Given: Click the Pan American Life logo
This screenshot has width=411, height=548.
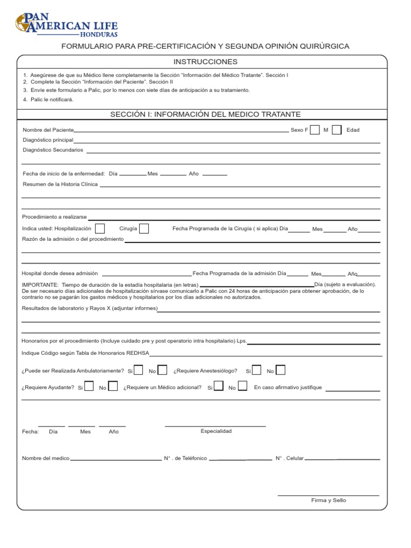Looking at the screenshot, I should [67, 24].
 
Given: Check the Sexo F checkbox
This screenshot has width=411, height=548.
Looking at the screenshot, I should [315, 130].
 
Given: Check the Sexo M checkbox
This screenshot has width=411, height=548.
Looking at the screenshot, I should [337, 130].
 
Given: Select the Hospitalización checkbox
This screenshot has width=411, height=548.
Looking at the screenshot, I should [100, 229].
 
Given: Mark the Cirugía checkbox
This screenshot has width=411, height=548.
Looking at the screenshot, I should [143, 229].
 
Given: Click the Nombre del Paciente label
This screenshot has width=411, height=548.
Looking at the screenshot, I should [48, 130].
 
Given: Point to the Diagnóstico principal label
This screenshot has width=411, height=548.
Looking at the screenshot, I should [48, 140].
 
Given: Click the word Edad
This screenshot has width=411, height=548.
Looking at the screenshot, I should [353, 130].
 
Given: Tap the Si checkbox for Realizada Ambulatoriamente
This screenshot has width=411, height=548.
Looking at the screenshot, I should [138, 370].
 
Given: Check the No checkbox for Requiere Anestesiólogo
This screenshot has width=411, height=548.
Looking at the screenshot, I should [280, 370].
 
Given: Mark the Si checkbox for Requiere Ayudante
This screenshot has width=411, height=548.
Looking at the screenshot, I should [89, 386].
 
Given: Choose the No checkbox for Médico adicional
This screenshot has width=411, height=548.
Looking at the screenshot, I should [242, 386].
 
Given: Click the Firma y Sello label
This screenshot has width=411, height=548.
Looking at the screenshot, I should [329, 500].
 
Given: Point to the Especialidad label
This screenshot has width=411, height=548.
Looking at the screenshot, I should [216, 431].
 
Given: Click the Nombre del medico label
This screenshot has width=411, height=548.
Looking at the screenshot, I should [45, 459].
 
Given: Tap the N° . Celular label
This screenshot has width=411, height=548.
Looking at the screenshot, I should [290, 459].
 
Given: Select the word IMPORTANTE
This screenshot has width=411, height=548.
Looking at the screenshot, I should [40, 284].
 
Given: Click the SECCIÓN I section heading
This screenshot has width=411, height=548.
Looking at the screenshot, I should [205, 114].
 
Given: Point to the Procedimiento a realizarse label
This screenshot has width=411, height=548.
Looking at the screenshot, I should [54, 217].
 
